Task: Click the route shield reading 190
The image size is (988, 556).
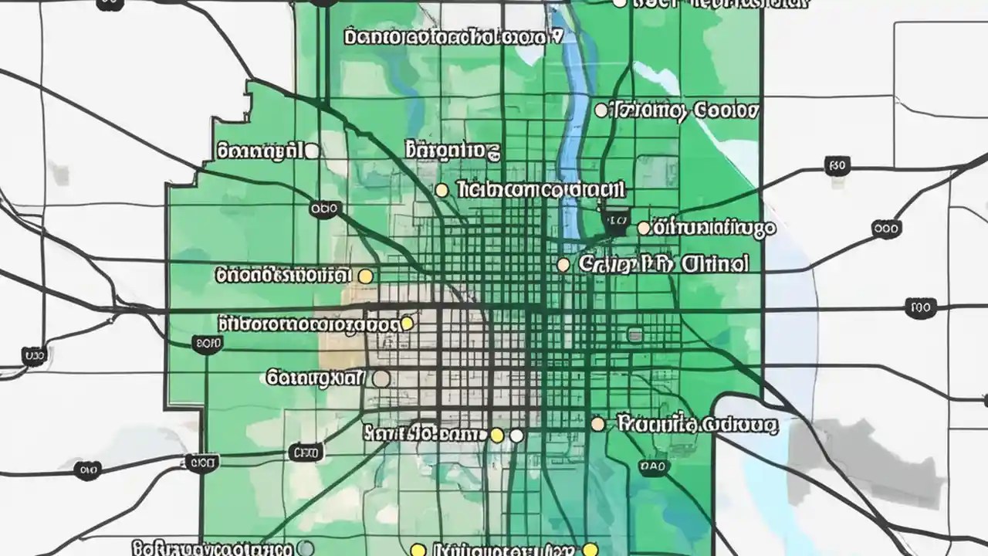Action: tap(920, 308)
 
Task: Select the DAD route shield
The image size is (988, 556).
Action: tap(653, 466)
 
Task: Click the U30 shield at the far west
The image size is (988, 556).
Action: tap(33, 356)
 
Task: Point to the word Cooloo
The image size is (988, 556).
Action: tap(726, 110)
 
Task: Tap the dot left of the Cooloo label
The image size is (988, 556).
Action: tap(601, 110)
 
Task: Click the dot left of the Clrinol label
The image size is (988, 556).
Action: tap(563, 265)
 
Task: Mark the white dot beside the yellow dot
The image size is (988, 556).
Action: tap(516, 436)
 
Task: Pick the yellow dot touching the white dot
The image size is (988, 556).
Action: tap(498, 436)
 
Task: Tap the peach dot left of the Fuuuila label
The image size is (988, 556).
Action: tap(597, 424)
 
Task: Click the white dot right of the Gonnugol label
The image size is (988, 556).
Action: tap(312, 151)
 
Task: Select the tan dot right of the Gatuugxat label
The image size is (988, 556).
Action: tap(381, 378)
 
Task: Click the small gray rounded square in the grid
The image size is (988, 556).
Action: tap(634, 334)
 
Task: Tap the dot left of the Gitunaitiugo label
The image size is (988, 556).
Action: tap(644, 228)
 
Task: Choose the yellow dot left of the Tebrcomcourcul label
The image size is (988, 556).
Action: tap(442, 190)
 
